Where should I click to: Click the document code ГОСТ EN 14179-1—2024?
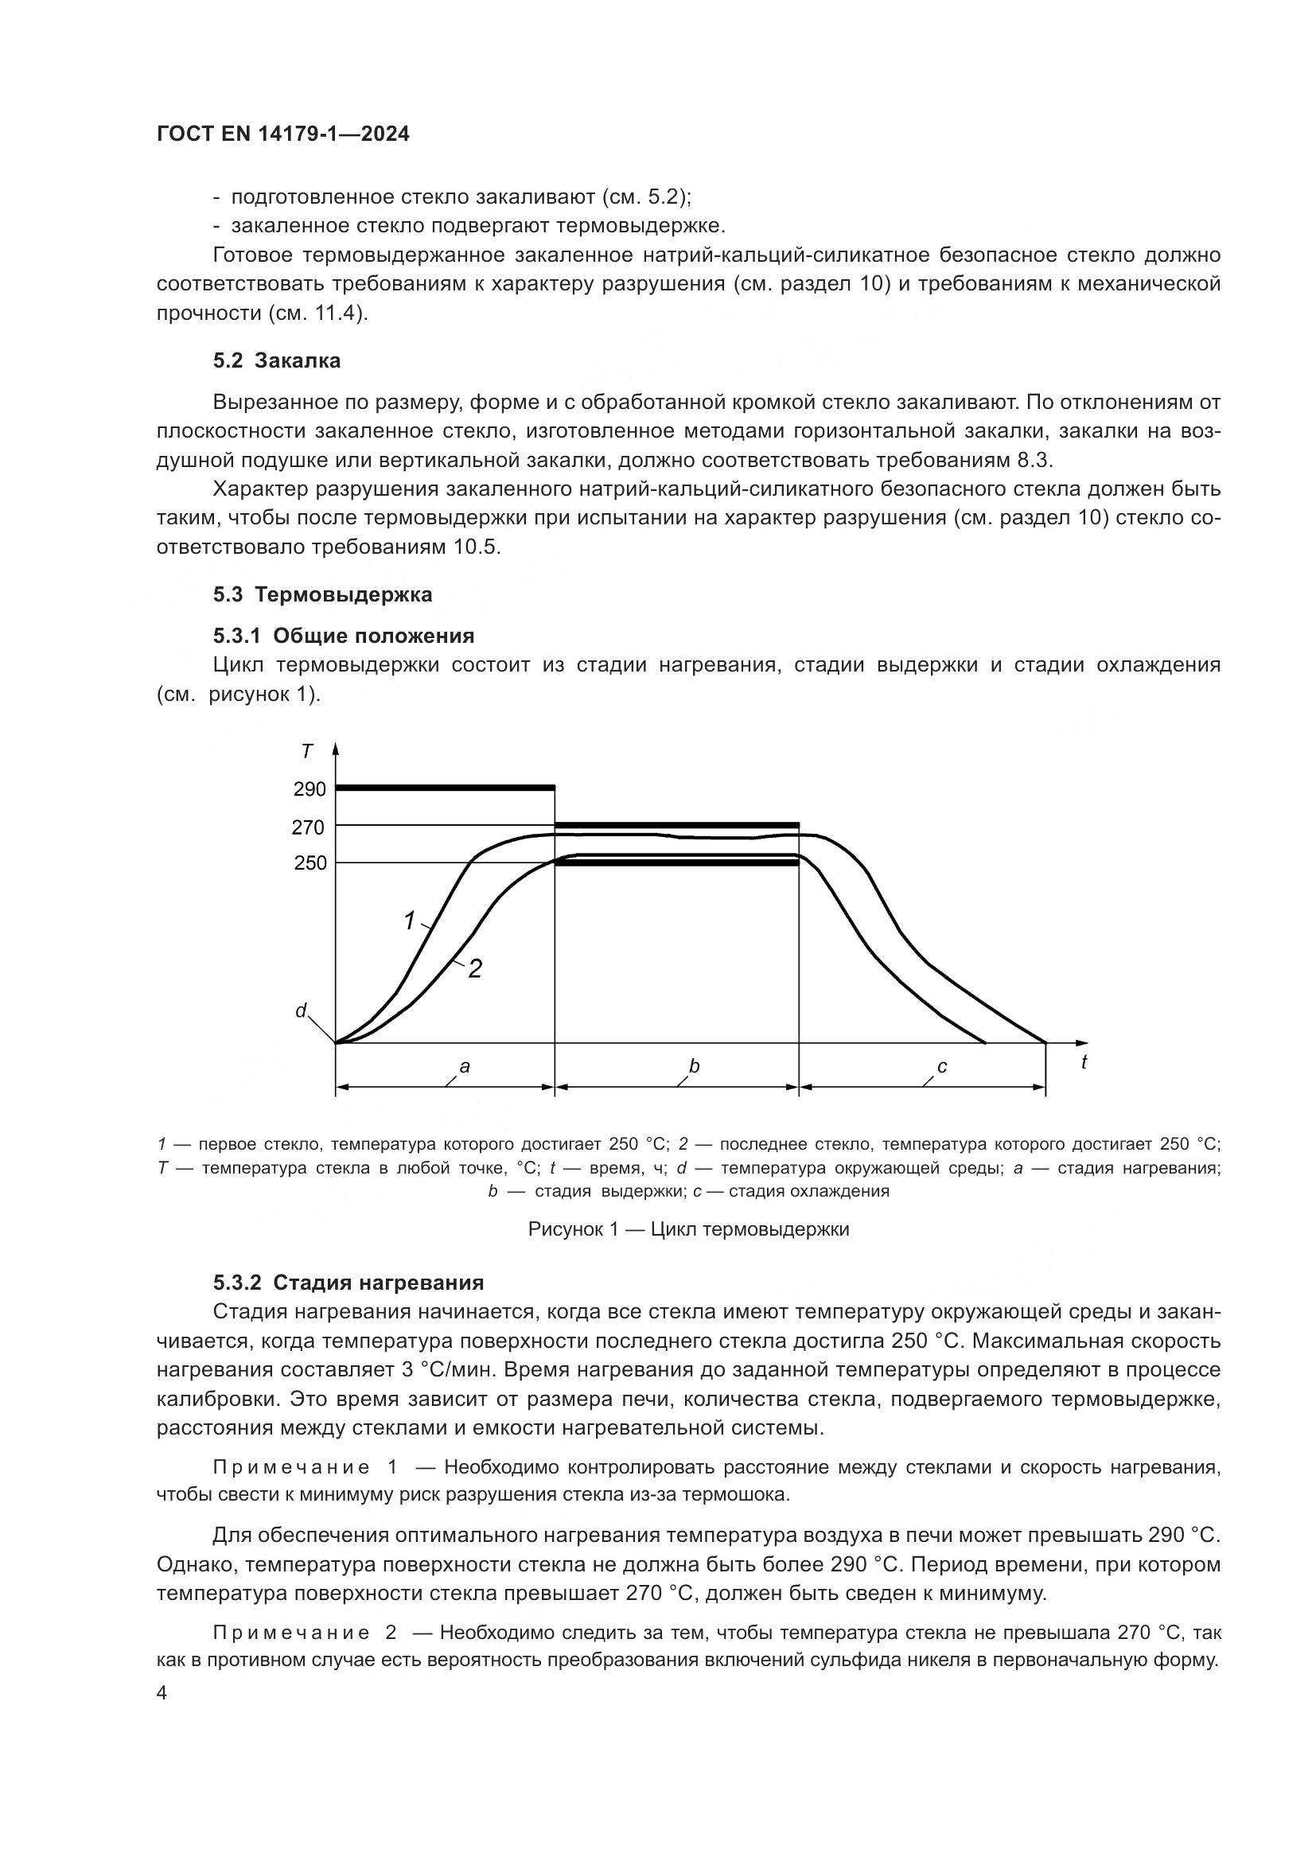[282, 134]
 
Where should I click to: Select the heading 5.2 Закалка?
[276, 360]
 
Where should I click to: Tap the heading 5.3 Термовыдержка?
[322, 594]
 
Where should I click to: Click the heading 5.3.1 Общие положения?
[344, 636]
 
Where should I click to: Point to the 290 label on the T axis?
[310, 789]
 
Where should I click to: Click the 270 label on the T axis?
[308, 827]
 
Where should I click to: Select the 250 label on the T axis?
[310, 863]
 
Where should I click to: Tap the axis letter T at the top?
[307, 752]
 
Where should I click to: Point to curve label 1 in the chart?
[409, 921]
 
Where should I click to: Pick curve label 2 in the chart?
[476, 968]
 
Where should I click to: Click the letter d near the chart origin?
[301, 1010]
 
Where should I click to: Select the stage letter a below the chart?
[465, 1067]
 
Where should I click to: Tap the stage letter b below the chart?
[694, 1067]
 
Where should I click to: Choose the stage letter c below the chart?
[941, 1067]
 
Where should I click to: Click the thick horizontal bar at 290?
[446, 787]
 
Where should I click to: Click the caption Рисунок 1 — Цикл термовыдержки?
[688, 1229]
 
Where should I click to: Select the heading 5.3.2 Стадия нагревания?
[348, 1283]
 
